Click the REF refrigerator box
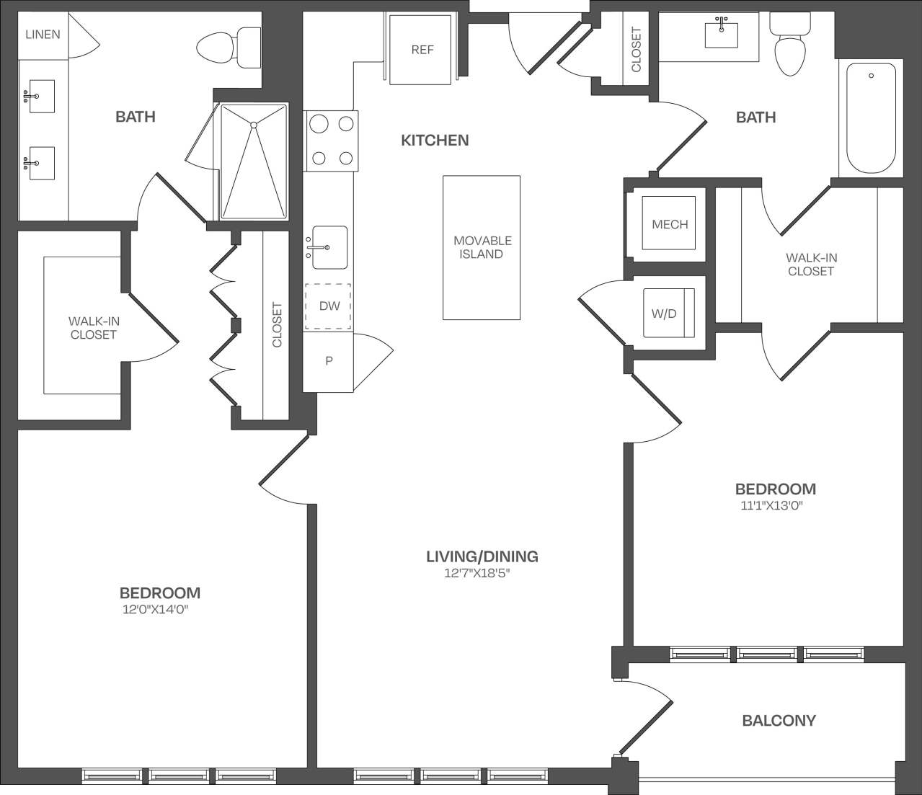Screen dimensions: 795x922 pos(422,49)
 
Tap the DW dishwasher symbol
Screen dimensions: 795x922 pos(329,306)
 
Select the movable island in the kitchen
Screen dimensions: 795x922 pos(482,247)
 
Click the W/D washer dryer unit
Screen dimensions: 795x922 pos(668,313)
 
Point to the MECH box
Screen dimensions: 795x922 pos(670,223)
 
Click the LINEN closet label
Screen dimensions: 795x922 pos(43,34)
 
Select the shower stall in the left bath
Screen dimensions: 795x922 pos(254,161)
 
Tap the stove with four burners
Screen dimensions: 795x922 pos(332,141)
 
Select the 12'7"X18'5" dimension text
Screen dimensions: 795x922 pos(482,574)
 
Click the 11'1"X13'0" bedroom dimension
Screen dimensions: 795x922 pos(771,505)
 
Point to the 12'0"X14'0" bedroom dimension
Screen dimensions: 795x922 pos(160,610)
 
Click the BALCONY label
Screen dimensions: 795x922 pos(779,720)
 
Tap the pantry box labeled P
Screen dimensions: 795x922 pos(329,361)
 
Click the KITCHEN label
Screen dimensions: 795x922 pos(435,140)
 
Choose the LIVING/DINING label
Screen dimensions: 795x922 pos(482,556)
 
